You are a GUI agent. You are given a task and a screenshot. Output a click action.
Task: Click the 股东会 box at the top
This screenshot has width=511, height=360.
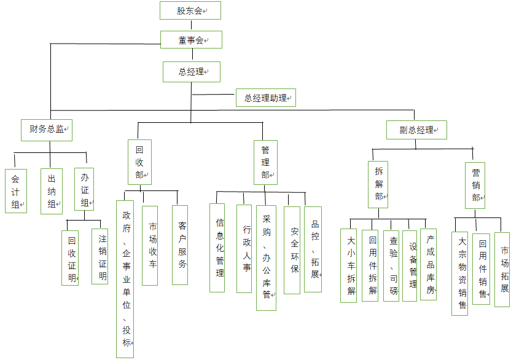click(190, 10)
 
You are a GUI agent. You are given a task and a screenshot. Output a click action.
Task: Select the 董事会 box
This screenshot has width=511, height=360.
click(190, 40)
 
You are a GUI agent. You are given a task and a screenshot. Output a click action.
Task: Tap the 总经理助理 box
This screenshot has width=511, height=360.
click(266, 97)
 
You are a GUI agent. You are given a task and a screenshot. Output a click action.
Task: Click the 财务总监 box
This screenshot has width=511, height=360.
click(47, 129)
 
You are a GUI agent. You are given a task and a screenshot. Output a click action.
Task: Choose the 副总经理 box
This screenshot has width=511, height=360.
click(416, 130)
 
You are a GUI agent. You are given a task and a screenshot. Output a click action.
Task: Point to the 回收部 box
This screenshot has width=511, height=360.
click(139, 162)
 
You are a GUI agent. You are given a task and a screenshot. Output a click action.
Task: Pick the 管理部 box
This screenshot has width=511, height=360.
click(265, 162)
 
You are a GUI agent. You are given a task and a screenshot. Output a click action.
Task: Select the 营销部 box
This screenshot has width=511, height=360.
click(475, 184)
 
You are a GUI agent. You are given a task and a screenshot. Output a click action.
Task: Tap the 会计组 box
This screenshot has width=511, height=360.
click(15, 191)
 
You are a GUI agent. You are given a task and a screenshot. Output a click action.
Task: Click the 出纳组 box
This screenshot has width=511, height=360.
click(52, 191)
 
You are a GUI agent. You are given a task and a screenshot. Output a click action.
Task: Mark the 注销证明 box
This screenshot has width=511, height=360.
click(100, 256)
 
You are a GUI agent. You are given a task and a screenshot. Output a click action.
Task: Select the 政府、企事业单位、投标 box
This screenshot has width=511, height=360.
click(125, 278)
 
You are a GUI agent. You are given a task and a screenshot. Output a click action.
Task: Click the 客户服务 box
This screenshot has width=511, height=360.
click(180, 245)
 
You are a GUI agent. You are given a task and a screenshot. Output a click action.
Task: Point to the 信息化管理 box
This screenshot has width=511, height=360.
click(217, 248)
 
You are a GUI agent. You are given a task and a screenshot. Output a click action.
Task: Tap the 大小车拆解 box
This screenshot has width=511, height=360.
click(349, 265)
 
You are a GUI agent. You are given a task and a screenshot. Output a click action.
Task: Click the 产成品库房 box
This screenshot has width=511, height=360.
click(428, 264)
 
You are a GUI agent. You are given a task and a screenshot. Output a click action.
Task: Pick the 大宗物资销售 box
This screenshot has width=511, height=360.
click(459, 273)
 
